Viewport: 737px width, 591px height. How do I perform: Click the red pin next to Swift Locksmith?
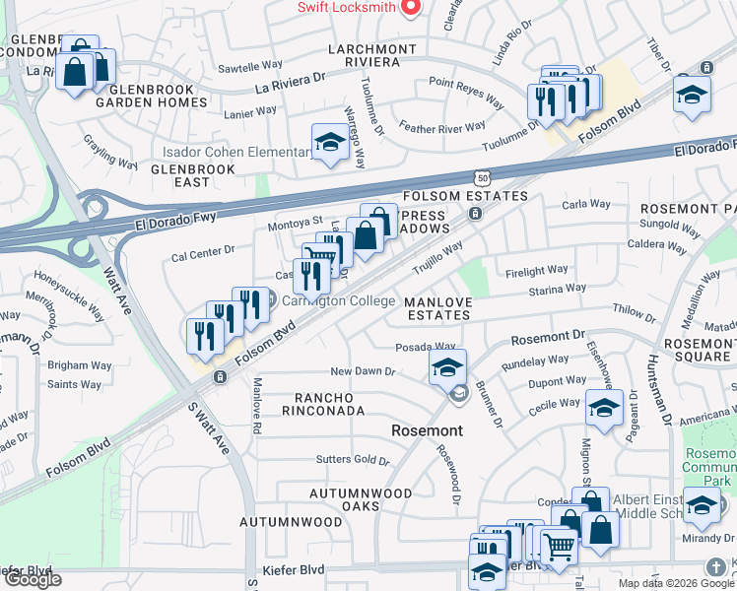[411, 7]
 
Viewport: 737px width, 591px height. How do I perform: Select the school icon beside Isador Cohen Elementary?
[329, 142]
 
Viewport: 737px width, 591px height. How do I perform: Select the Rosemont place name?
[427, 430]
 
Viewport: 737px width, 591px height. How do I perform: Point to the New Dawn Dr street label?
[362, 372]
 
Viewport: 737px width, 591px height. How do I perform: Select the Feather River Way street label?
[442, 126]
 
